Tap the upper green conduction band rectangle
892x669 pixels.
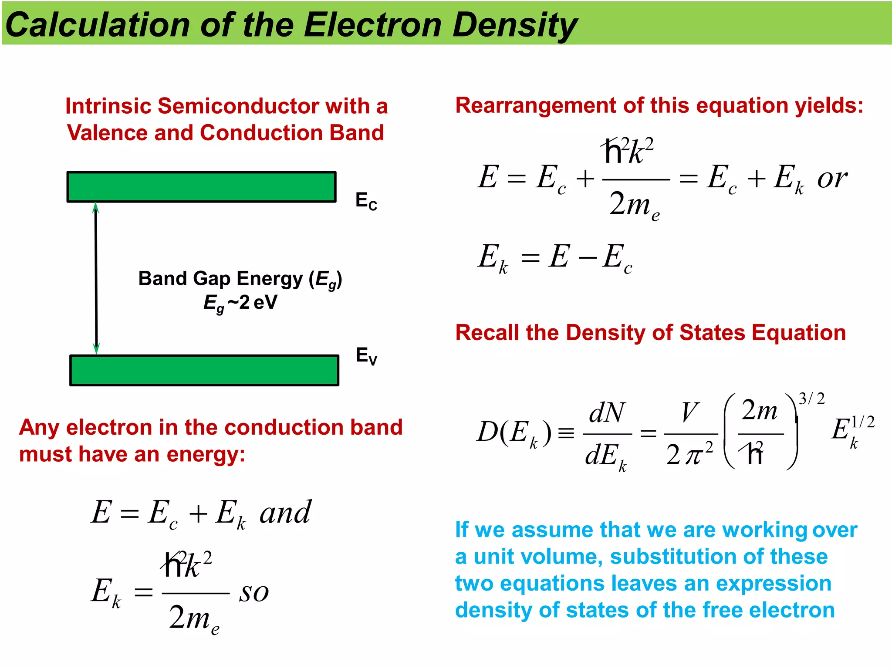(x=201, y=187)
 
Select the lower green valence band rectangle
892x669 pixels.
(x=204, y=371)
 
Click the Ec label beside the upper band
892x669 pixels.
(x=366, y=201)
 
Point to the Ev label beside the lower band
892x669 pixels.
(x=366, y=356)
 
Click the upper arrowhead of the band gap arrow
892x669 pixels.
(x=96, y=208)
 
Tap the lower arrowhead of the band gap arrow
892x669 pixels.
(x=97, y=348)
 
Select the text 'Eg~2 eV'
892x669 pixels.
(x=240, y=303)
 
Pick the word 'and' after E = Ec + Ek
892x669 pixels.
(x=285, y=513)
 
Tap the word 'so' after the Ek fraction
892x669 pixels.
(x=254, y=592)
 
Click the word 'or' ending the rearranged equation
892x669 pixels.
(x=832, y=179)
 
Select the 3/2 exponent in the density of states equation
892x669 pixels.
(x=811, y=399)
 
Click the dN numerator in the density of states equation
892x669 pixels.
(x=607, y=412)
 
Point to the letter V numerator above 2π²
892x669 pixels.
(x=690, y=412)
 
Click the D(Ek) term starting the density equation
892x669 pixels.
(x=514, y=433)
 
